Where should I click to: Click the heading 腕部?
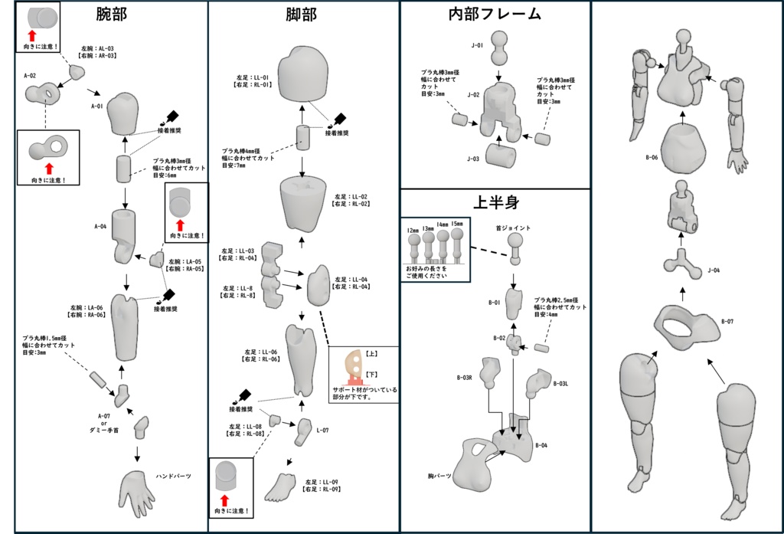tap(112, 15)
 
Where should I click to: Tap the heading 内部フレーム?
tap(495, 14)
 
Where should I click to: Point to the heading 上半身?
tap(495, 204)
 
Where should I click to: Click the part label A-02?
tap(30, 76)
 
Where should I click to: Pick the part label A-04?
tap(100, 227)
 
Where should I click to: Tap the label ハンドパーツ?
tap(173, 476)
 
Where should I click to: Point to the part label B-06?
tap(652, 157)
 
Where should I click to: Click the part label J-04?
tap(714, 270)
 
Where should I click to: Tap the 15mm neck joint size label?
tap(457, 223)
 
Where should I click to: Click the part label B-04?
tap(541, 444)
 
